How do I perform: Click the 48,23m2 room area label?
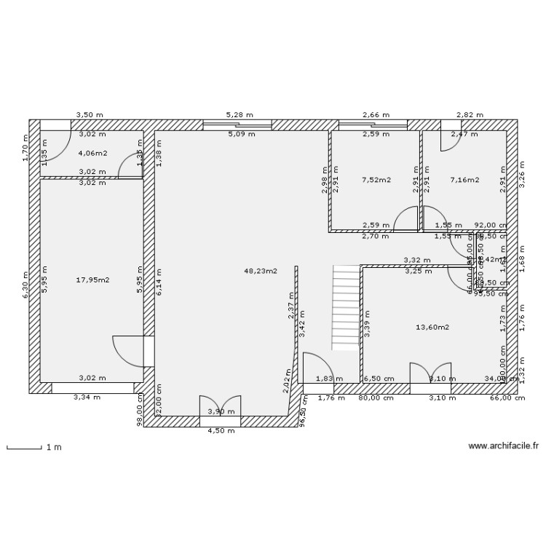point(261,271)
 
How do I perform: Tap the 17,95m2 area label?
point(92,279)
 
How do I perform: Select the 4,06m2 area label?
point(92,154)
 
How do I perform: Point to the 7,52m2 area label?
point(376,179)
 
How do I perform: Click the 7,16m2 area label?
point(464,179)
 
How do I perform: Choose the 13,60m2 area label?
point(432,327)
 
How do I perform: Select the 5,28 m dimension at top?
point(239,115)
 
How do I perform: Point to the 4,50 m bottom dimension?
point(221,430)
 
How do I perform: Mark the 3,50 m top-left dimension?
point(90,115)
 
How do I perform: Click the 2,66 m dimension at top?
point(375,115)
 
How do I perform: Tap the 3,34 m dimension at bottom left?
point(87,397)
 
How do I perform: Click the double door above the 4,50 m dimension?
point(220,408)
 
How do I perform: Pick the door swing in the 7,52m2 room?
point(406,219)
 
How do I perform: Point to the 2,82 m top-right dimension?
point(470,115)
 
